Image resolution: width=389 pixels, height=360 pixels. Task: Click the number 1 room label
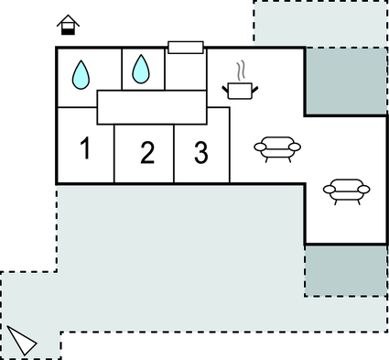point(84,147)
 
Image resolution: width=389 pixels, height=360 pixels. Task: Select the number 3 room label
point(200,152)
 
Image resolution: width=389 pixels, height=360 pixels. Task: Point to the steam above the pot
point(242,70)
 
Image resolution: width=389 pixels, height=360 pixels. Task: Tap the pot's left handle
point(226,87)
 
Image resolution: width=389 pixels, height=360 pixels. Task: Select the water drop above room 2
point(141,68)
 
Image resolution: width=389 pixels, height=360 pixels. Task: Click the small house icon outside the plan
point(67,26)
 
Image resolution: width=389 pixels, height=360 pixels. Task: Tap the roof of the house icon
point(67,20)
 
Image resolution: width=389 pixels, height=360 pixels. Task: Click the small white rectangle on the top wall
point(185,48)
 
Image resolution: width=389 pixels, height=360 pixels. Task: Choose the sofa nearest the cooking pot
point(275,147)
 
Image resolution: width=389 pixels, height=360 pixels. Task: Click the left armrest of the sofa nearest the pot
point(258,146)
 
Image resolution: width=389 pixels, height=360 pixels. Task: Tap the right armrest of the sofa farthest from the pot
point(365,190)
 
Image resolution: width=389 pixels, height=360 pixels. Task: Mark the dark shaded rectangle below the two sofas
point(345,270)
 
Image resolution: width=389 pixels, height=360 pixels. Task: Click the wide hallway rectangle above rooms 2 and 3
point(153,107)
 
